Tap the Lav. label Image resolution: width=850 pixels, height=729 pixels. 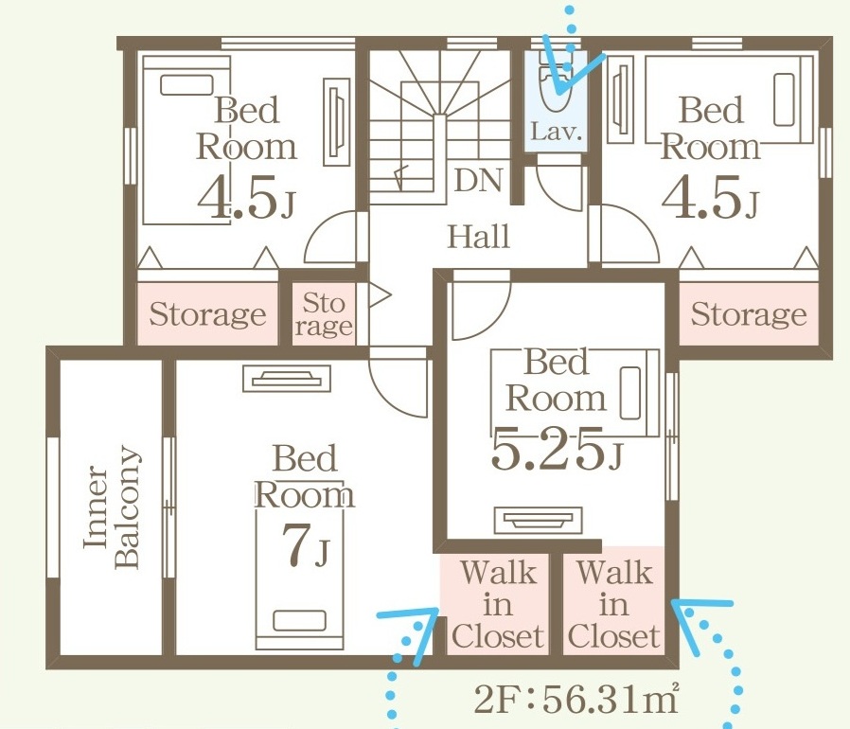557,132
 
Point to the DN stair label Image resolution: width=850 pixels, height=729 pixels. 479,181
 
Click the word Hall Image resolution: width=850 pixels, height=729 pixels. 479,237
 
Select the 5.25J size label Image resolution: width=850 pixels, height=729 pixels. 557,448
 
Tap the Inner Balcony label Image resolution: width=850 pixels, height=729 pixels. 112,507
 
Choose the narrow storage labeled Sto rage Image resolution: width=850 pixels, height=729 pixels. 324,314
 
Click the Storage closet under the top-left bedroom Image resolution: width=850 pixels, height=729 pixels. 207,313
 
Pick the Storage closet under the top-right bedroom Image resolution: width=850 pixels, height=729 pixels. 748,313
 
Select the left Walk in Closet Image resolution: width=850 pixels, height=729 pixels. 497,604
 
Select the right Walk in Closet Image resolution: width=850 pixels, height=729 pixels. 613,604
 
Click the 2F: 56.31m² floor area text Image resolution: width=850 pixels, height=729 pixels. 576,699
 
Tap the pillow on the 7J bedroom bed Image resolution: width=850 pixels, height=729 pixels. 299,620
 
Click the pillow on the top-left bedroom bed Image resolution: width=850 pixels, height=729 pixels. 187,85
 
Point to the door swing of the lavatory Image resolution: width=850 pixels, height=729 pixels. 558,187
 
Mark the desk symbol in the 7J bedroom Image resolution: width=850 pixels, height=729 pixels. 286,378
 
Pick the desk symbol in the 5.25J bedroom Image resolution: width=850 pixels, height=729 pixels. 538,520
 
